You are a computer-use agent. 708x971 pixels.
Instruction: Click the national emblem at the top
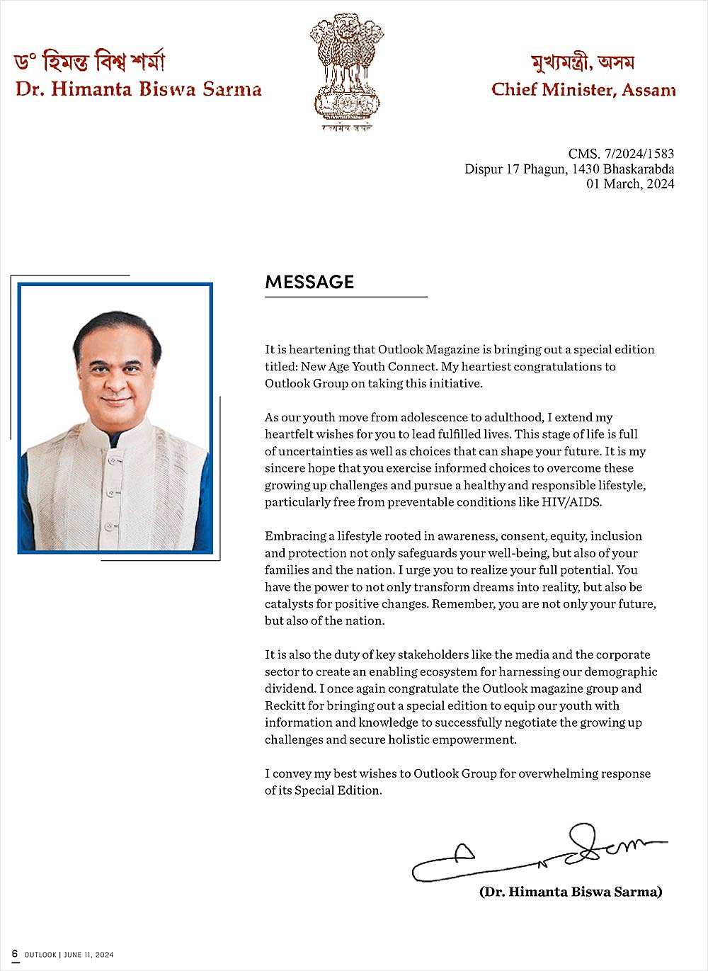[347, 71]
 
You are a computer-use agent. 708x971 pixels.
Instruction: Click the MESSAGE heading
[309, 282]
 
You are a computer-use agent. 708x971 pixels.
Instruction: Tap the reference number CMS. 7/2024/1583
[621, 154]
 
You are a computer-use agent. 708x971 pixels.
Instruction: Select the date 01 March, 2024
[630, 184]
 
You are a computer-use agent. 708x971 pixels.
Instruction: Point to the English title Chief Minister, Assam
[583, 90]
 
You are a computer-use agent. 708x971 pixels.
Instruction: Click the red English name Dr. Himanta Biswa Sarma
[139, 89]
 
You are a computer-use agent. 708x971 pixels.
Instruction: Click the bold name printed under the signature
[571, 892]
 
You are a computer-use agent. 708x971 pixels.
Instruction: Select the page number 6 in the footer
[15, 954]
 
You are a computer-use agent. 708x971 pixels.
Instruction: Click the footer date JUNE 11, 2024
[88, 955]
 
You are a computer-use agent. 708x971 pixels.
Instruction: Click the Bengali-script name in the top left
[89, 62]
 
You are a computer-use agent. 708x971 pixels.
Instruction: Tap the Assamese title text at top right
[582, 63]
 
